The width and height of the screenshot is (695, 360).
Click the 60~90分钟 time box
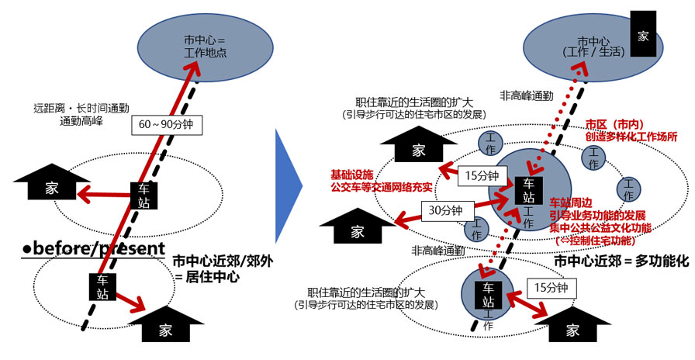(x=165, y=124)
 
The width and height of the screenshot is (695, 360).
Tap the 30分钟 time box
(x=446, y=209)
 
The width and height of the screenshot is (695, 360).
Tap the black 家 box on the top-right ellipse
(x=642, y=35)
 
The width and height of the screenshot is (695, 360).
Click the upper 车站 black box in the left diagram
(x=143, y=195)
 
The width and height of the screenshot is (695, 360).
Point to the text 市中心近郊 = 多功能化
(x=621, y=262)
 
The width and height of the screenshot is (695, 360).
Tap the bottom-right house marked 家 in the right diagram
(x=572, y=324)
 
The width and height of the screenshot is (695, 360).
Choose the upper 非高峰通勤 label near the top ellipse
(x=526, y=96)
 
